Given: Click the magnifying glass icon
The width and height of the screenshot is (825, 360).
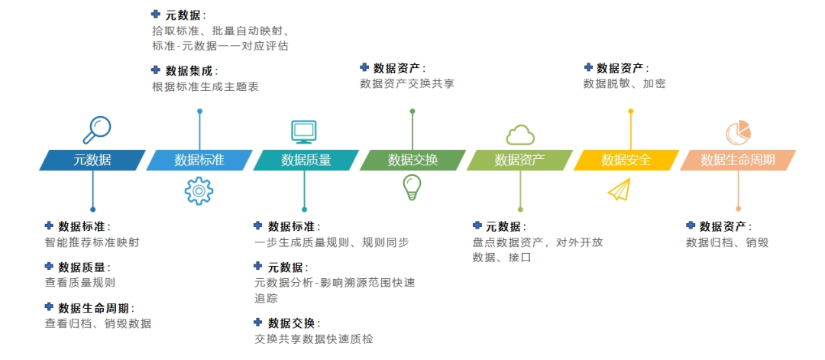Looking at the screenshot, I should [97, 129].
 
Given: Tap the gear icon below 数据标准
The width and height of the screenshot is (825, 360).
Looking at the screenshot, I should [199, 190].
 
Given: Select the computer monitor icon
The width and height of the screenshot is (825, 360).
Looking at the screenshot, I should [304, 131].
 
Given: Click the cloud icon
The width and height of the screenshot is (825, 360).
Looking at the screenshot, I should [520, 135].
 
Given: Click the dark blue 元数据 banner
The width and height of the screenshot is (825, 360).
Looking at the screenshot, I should [92, 160].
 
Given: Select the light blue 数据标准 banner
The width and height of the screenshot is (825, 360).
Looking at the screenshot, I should [199, 160].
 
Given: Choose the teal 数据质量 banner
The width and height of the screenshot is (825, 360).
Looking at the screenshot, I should [306, 160].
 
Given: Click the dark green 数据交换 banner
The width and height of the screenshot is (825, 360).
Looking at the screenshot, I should [412, 160].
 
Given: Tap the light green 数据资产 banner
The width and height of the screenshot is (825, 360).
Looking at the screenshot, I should [519, 160].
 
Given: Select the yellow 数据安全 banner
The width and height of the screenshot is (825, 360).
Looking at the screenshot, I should [626, 160].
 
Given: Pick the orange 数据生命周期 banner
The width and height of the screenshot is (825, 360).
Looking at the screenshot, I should [738, 160].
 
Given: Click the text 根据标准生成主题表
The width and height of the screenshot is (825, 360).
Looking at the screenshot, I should [205, 87].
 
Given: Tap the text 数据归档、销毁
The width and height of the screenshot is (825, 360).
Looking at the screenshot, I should [727, 242].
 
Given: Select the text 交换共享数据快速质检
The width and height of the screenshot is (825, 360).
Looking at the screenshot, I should [313, 339].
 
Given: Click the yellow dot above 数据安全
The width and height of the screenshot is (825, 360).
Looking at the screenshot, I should [631, 112].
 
